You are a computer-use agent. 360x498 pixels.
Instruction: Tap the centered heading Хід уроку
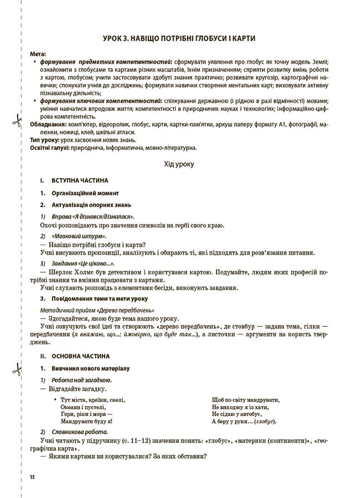coord(179,164)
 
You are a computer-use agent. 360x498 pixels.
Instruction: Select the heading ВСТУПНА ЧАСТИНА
coord(80,181)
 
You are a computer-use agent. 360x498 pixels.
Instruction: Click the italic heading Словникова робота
coord(79,432)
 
